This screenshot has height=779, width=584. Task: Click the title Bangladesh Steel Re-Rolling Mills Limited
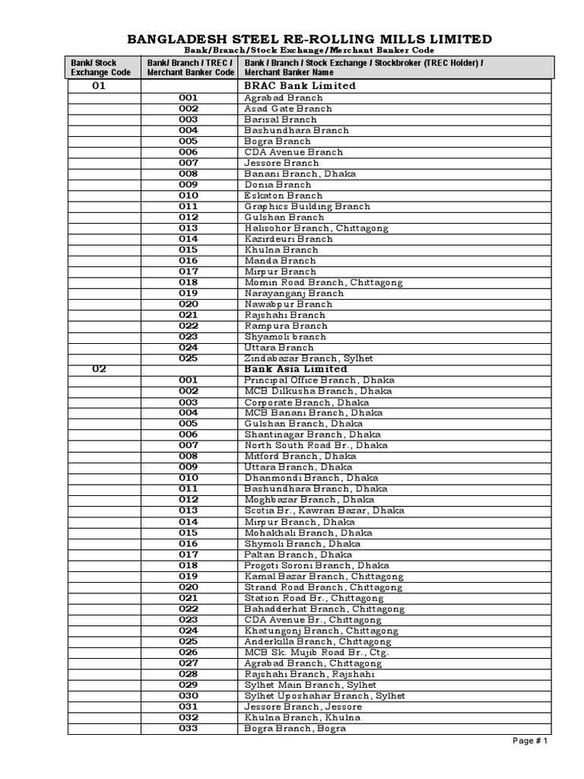tap(308, 39)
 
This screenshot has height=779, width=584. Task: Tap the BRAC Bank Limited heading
tap(300, 86)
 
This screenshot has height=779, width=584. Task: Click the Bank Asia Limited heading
tap(295, 369)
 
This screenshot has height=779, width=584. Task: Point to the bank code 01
tap(99, 86)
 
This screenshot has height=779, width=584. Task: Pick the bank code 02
tap(99, 369)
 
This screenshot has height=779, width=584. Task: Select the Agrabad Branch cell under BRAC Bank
tap(283, 97)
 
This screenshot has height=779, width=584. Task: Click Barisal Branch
tap(280, 119)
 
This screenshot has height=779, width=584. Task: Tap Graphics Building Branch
tap(307, 206)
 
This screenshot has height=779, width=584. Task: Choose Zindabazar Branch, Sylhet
tap(309, 358)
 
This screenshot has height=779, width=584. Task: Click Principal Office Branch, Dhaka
tap(319, 380)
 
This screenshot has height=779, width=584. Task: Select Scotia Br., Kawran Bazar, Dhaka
tap(324, 510)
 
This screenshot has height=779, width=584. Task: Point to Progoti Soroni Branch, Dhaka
tap(316, 565)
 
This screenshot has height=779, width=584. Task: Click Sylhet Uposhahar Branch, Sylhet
tap(325, 695)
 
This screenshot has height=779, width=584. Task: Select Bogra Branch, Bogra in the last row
tap(295, 728)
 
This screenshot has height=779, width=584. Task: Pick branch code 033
tap(189, 728)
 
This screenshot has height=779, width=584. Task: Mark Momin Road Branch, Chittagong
tap(323, 282)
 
